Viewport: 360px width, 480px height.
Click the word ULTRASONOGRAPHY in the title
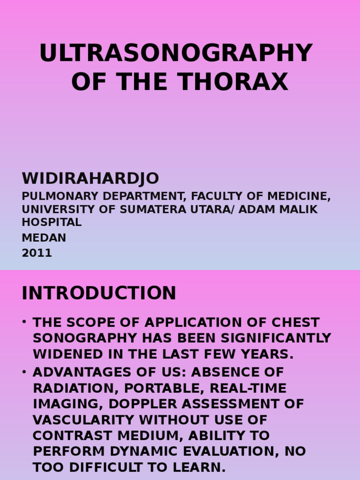(x=176, y=53)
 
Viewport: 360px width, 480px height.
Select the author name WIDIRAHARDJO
(x=90, y=179)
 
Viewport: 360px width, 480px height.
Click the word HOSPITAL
(x=52, y=222)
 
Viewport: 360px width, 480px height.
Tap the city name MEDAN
(x=44, y=238)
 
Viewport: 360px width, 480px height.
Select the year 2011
(x=37, y=253)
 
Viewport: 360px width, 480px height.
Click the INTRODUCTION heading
(x=99, y=293)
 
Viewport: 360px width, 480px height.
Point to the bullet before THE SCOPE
(x=24, y=322)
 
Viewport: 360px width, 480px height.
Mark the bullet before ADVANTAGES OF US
(x=24, y=373)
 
